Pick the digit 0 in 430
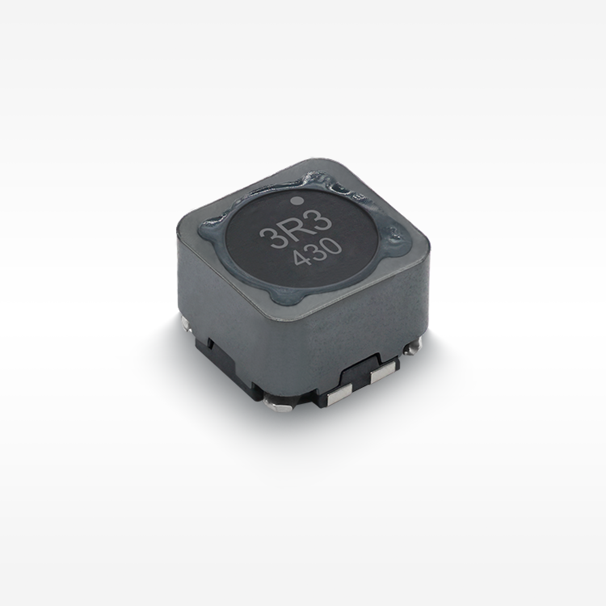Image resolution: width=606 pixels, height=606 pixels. point(334,246)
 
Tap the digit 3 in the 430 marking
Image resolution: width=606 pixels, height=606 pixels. point(319,253)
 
